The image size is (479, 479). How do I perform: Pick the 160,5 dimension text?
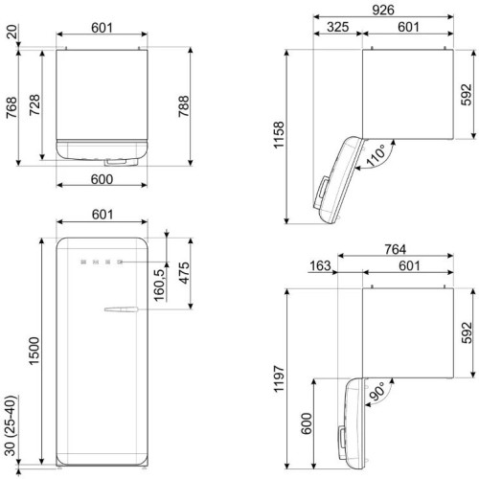(158, 285)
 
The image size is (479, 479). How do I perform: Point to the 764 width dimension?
(396, 249)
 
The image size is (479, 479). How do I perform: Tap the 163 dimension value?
(319, 266)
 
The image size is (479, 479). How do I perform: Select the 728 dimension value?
(34, 105)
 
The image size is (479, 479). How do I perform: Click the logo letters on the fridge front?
(101, 260)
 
